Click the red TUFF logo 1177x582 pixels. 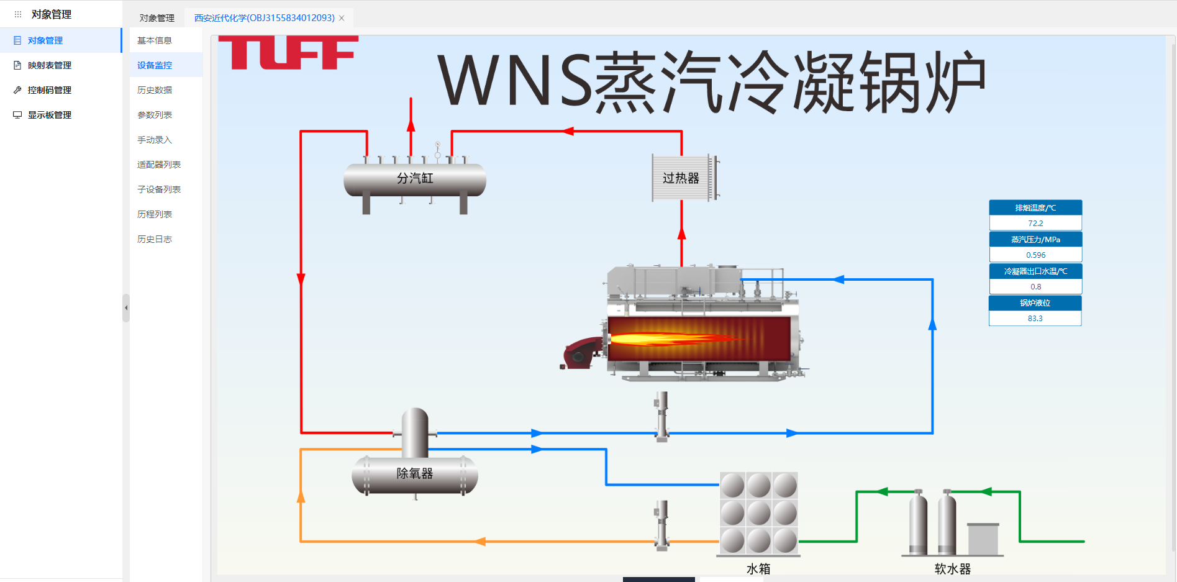(x=288, y=52)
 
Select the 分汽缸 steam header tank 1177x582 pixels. (x=415, y=180)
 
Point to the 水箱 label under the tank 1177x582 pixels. (x=758, y=568)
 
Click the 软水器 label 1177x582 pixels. (x=952, y=568)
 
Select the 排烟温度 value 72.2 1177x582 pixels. (x=1035, y=223)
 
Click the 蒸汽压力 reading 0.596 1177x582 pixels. (x=1035, y=255)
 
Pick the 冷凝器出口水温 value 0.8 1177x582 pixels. (x=1035, y=286)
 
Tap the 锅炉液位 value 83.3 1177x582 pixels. (x=1035, y=318)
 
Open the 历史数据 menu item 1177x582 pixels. (x=155, y=90)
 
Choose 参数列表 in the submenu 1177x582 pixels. (x=155, y=115)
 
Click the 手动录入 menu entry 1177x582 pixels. (x=155, y=140)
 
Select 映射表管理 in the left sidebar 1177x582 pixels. (x=50, y=65)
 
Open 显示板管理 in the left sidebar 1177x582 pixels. (x=50, y=115)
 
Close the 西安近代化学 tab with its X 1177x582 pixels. (x=342, y=18)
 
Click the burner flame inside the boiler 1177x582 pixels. (x=677, y=339)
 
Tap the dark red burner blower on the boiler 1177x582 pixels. (x=581, y=353)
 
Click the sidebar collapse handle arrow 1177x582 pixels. (x=126, y=307)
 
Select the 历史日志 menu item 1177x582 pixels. (x=155, y=239)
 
